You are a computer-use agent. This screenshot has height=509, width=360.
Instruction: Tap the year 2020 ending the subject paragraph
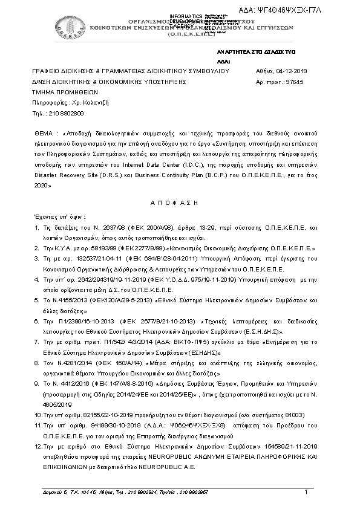(42, 186)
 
